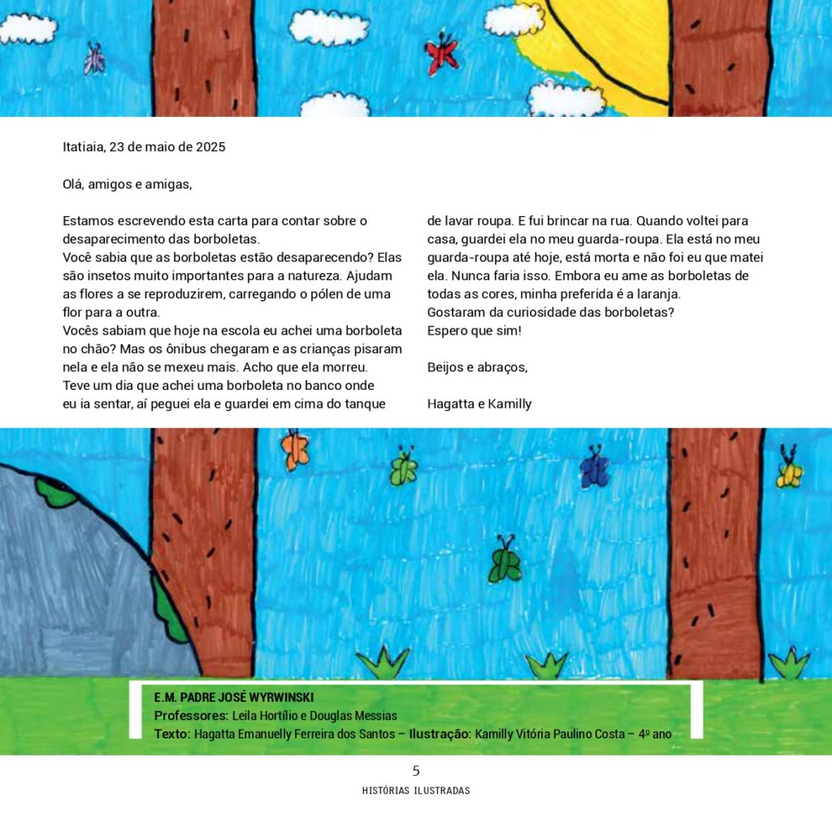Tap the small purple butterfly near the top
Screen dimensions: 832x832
(94, 59)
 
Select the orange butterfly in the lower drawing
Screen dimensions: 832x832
(295, 451)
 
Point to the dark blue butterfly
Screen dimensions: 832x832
(595, 469)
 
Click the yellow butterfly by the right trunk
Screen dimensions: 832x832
(788, 471)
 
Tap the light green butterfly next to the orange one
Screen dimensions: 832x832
(404, 468)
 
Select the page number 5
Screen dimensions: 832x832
(416, 771)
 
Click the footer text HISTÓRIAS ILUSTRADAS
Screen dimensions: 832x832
(416, 791)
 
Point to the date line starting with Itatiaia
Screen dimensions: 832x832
(144, 147)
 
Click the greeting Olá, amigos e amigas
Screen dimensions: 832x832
(128, 184)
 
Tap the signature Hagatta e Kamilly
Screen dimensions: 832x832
(479, 404)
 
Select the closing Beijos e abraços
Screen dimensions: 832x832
(477, 367)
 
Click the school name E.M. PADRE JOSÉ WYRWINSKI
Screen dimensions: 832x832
(234, 698)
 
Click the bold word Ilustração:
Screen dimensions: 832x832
(440, 734)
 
